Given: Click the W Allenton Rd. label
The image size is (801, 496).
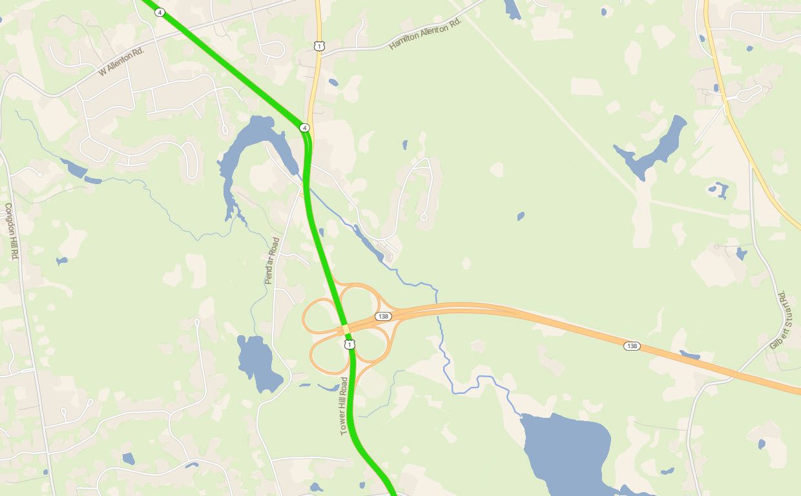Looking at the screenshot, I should coord(121,61).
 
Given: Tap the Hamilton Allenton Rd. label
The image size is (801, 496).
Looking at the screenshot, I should coord(426,34).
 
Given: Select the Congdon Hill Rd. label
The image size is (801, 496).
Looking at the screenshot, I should coord(11,231).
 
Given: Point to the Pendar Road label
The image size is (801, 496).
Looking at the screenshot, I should coord(272,261).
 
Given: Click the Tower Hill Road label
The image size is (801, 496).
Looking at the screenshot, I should coord(344,406).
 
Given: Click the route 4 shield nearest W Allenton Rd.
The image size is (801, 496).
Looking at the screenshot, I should coord(160,12).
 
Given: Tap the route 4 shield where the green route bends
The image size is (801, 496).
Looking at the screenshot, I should coord(304,128).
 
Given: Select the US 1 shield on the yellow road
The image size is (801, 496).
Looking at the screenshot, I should coord(319,46).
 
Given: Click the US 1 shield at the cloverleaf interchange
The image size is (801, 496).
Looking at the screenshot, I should coord(349,345).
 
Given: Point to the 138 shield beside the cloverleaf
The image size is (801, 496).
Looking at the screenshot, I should coord(383,316).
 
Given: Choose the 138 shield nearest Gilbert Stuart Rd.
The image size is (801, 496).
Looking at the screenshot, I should coord(632,346).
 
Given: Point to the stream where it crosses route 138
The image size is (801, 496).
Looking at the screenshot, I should coord(437,311).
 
